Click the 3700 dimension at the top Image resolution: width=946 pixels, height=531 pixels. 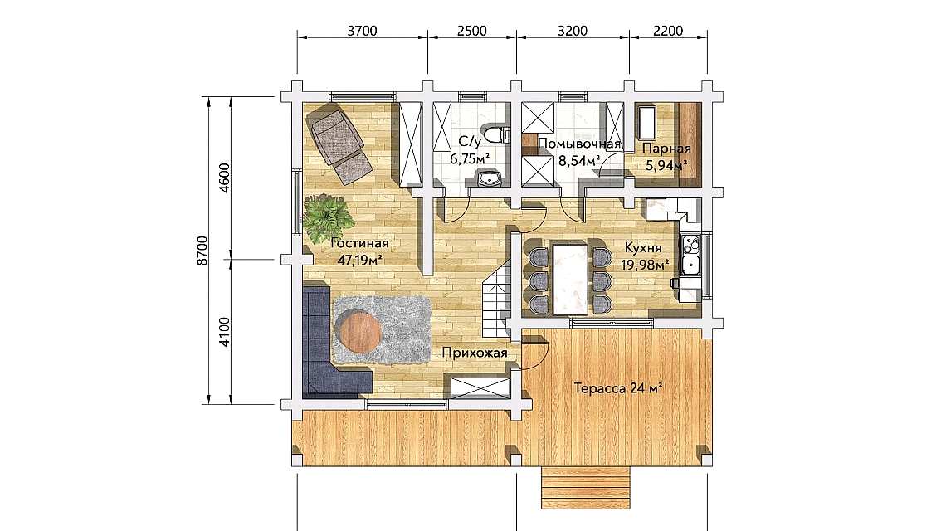(x=363, y=32)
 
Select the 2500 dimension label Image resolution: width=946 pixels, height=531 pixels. (x=471, y=32)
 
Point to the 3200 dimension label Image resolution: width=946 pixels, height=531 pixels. (x=572, y=32)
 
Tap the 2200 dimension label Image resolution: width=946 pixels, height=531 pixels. (x=668, y=32)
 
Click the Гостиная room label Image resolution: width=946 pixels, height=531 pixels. (x=360, y=244)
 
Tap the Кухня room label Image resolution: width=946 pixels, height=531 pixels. (x=643, y=248)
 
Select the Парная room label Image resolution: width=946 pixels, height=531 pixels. (x=666, y=149)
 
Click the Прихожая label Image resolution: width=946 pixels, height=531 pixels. (x=469, y=353)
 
